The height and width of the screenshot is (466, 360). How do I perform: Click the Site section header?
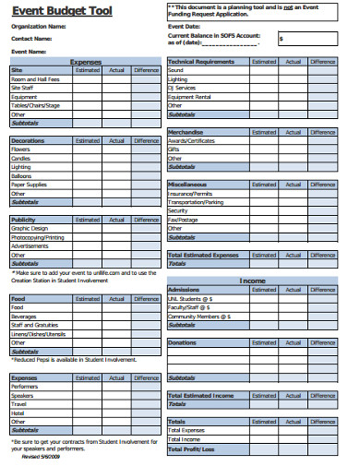click(17, 69)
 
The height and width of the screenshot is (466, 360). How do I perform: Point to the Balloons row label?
click(21, 175)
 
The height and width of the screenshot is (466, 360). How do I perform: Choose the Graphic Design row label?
click(29, 228)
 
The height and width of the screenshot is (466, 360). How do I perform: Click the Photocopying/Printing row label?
click(38, 237)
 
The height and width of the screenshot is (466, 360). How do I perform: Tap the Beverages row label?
click(24, 317)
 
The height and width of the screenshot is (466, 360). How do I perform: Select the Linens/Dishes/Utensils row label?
click(38, 334)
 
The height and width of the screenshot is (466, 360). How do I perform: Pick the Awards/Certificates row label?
click(192, 140)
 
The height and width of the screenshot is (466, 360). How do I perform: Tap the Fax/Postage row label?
click(183, 220)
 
